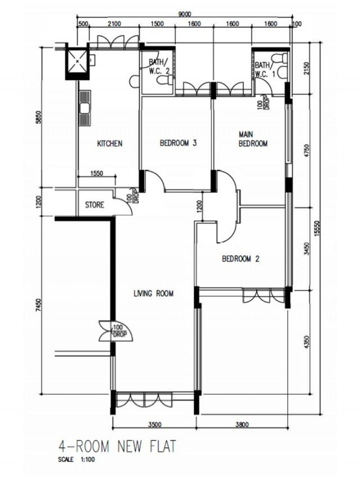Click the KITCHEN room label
click(110, 143)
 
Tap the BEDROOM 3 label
click(178, 143)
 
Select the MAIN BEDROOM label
click(253, 139)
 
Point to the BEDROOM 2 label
click(241, 259)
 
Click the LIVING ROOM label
click(154, 294)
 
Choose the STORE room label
click(94, 205)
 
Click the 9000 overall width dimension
click(184, 14)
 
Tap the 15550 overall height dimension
click(317, 228)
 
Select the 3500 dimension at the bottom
click(155, 425)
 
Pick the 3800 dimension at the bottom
click(242, 425)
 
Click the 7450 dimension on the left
click(38, 305)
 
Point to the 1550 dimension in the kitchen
click(97, 173)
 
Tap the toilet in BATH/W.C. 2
click(164, 80)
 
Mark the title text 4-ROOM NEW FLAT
click(117, 447)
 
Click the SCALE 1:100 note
click(76, 460)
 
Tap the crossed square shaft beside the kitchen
click(77, 61)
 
